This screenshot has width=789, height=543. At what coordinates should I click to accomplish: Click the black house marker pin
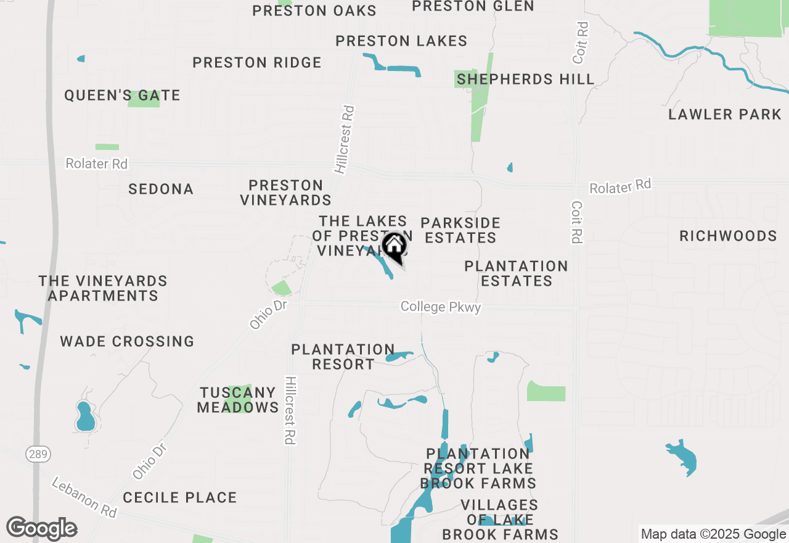pyautogui.click(x=394, y=247)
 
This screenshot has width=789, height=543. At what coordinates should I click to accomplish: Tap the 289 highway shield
pyautogui.click(x=38, y=455)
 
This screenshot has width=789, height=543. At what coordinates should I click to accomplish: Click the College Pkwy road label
pyautogui.click(x=440, y=307)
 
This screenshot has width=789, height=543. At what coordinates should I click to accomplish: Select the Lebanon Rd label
pyautogui.click(x=84, y=497)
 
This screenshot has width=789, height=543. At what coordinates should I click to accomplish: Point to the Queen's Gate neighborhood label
pyautogui.click(x=123, y=95)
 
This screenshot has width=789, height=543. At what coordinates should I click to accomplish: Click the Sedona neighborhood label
pyautogui.click(x=161, y=189)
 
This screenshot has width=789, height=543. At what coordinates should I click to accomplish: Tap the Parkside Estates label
pyautogui.click(x=460, y=230)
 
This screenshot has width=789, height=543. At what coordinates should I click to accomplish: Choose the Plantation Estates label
pyautogui.click(x=517, y=273)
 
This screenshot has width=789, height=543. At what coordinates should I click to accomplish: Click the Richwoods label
pyautogui.click(x=728, y=236)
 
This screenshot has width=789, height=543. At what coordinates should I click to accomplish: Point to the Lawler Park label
pyautogui.click(x=725, y=114)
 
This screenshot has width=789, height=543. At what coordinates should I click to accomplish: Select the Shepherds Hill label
pyautogui.click(x=526, y=79)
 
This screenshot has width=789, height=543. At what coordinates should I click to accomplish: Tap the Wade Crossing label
pyautogui.click(x=127, y=341)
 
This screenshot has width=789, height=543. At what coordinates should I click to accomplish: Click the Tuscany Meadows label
pyautogui.click(x=238, y=400)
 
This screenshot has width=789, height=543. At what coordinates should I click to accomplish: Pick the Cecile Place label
pyautogui.click(x=179, y=497)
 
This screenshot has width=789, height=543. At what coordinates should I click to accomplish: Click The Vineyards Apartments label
pyautogui.click(x=103, y=288)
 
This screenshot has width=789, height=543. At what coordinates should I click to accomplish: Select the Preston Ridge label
pyautogui.click(x=257, y=62)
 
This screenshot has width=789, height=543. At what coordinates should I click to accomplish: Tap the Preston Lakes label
pyautogui.click(x=401, y=41)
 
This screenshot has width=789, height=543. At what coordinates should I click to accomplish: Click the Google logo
pyautogui.click(x=41, y=528)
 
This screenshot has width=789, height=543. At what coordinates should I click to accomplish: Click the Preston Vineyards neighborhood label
pyautogui.click(x=285, y=193)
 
